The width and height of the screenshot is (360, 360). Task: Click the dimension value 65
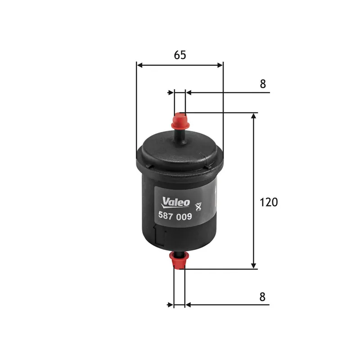click(x=180, y=55)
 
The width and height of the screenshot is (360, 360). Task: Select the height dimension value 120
click(x=269, y=202)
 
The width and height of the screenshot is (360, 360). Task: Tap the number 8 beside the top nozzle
click(x=263, y=84)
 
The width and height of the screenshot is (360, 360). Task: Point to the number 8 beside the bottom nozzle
click(x=263, y=297)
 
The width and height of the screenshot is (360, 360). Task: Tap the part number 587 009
click(x=175, y=216)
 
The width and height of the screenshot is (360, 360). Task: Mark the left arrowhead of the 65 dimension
click(x=139, y=65)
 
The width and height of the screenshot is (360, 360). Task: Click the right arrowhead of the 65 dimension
click(x=220, y=65)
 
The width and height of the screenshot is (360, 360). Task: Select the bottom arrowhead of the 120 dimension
click(x=254, y=265)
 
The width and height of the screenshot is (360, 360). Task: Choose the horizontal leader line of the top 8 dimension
click(x=229, y=93)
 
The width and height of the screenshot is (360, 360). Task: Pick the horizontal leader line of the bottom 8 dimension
click(x=229, y=305)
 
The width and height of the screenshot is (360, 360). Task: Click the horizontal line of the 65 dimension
click(x=180, y=65)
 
